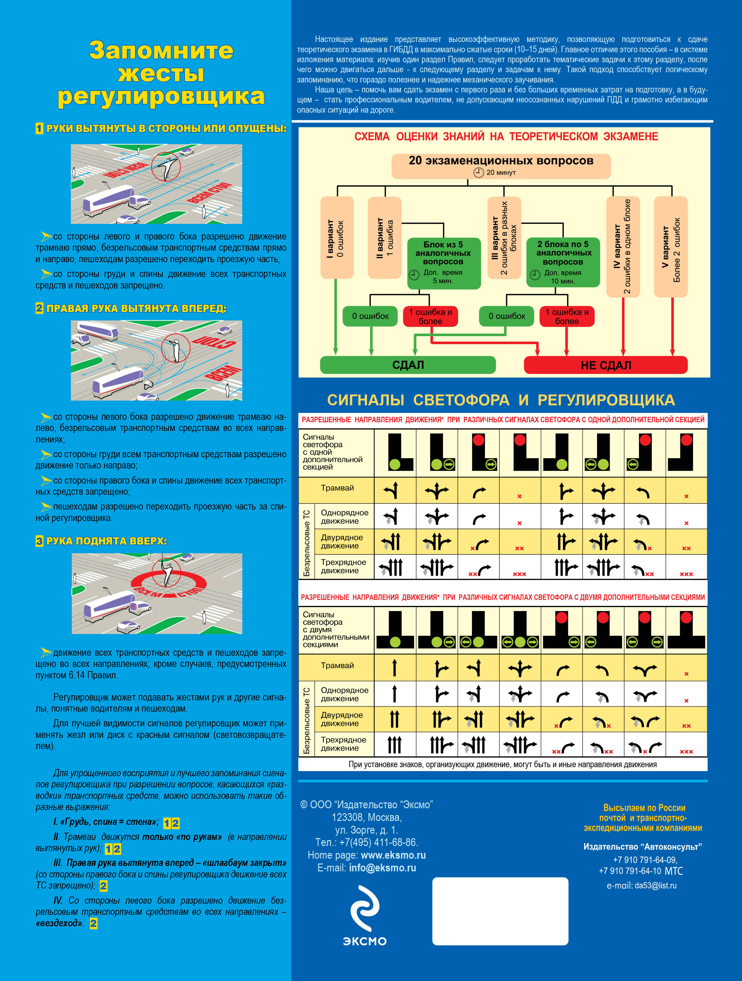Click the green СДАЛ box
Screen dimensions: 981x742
[x=408, y=365]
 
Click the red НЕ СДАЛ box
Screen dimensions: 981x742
[x=605, y=365]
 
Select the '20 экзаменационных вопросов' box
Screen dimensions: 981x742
[x=501, y=166]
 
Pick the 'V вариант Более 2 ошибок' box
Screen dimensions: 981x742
[x=671, y=247]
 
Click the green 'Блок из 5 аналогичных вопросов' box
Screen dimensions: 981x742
[x=443, y=262]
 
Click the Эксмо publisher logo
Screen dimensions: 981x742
[x=365, y=915]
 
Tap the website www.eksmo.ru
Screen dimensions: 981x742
[x=393, y=855]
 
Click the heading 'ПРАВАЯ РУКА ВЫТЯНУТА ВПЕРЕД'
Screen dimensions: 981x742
[x=136, y=309]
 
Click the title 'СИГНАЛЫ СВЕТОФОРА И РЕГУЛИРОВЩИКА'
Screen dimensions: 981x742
[x=501, y=400]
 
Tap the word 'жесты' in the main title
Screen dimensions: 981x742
[x=161, y=74]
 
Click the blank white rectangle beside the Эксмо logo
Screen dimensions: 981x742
[x=500, y=911]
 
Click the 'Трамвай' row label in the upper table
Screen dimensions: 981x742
[x=337, y=488]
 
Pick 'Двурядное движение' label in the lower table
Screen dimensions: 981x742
[x=342, y=719]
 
